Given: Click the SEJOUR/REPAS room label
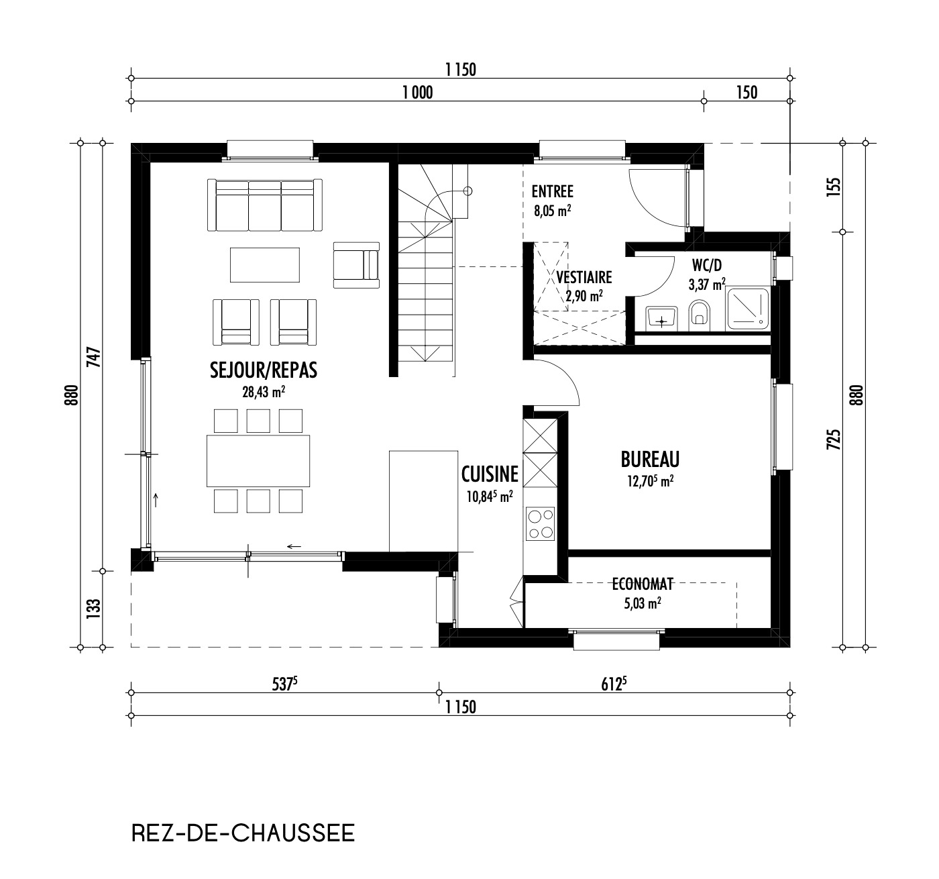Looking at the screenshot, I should tap(263, 370).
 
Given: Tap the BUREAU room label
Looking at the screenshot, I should tap(650, 460).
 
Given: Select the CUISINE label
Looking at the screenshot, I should tap(490, 474).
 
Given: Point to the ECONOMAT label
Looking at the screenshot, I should tap(643, 584).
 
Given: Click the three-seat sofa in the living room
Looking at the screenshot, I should tap(264, 205).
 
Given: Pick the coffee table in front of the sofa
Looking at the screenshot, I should tap(264, 265).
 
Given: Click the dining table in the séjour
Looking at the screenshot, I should tap(258, 461).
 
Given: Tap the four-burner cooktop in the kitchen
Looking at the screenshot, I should tap(541, 524).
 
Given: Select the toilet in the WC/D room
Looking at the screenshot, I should tap(700, 314).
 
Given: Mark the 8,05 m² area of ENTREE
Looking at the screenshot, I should tap(552, 211).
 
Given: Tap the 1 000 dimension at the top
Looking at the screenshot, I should tap(417, 93).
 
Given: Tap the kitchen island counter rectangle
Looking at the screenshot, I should tap(423, 501).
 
